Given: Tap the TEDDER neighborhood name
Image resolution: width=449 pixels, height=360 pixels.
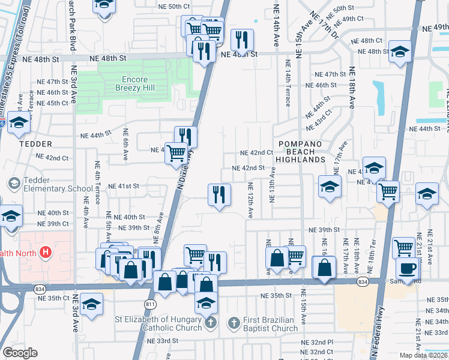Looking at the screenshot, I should click(x=35, y=144).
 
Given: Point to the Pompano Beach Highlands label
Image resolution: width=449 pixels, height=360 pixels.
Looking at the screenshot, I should click(x=300, y=152).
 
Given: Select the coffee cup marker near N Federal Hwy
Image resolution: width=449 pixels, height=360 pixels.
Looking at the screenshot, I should click(x=408, y=268).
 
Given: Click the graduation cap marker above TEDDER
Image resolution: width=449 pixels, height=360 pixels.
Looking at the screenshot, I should click(x=19, y=123).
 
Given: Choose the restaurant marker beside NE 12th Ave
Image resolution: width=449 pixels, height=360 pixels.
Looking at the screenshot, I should click(x=219, y=194).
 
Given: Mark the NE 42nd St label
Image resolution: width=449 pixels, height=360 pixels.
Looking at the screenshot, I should click(x=248, y=168).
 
